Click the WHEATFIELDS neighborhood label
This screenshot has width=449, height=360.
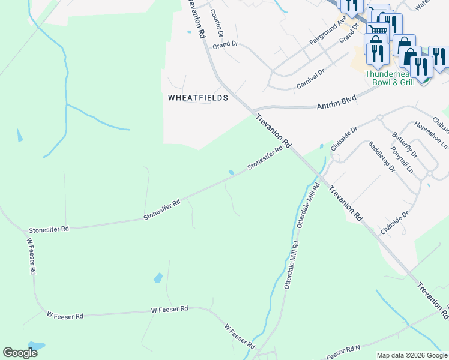tap(197, 97)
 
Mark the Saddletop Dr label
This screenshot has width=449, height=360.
tap(381, 157)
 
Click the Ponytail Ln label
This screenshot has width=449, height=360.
tap(402, 160)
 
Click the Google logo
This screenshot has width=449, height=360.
tap(20, 353)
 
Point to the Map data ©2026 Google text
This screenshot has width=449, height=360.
tap(412, 355)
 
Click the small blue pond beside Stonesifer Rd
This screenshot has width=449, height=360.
tap(231, 173)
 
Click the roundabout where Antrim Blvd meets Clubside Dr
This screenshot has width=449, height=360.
tap(379, 118)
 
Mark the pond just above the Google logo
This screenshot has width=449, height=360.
tap(36, 346)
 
